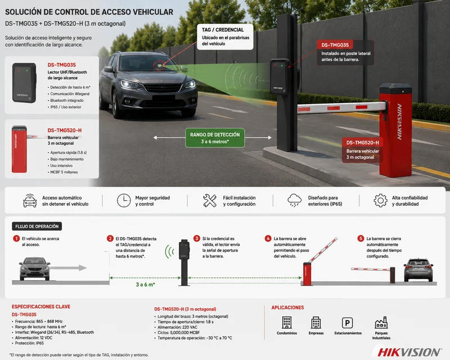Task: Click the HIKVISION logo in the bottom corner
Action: (x=409, y=352)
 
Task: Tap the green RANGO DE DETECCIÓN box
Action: (x=215, y=138)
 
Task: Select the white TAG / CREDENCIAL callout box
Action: (x=226, y=37)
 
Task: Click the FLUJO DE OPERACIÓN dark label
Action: (x=37, y=226)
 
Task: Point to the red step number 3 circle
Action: (x=196, y=238)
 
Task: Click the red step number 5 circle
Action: (x=361, y=238)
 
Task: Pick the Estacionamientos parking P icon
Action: (x=347, y=323)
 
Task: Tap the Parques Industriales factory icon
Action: (x=381, y=323)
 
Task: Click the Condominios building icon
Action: (x=287, y=322)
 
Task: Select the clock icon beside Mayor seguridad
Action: (x=124, y=200)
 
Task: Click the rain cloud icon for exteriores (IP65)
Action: (x=294, y=200)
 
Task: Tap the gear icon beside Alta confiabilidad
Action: (x=381, y=200)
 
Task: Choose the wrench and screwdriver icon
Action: (x=209, y=200)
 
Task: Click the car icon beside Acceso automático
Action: (x=30, y=201)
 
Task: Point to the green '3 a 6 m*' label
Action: (x=145, y=285)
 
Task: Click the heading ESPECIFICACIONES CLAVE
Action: (x=41, y=307)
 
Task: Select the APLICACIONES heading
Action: (x=287, y=308)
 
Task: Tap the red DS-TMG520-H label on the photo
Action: (x=362, y=143)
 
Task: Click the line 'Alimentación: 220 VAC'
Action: (x=177, y=327)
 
